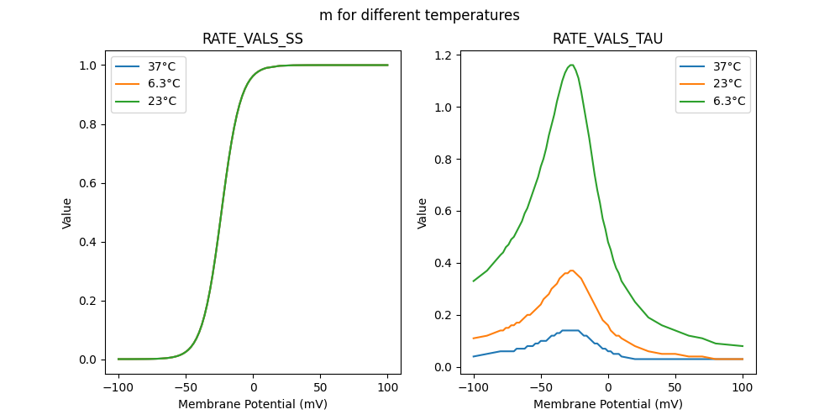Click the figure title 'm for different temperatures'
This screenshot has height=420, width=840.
point(419,15)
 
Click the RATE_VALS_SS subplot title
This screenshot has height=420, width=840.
point(253,39)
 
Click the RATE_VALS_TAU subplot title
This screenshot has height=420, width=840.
point(608,39)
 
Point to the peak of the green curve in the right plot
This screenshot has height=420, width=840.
point(571,65)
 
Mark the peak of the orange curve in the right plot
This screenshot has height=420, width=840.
point(571,270)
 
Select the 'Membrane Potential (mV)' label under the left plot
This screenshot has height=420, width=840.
point(253,404)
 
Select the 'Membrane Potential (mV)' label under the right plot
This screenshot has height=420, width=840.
point(608,404)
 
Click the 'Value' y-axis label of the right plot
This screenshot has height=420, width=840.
point(423,213)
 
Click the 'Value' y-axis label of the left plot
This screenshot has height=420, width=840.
point(67,213)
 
